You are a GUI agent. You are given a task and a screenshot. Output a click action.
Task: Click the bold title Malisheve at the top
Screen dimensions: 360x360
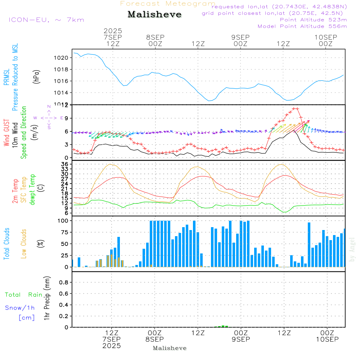[154, 15]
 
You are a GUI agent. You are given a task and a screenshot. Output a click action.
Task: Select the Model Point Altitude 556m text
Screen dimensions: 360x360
[302, 26]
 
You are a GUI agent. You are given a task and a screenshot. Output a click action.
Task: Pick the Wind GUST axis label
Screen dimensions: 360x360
[6, 133]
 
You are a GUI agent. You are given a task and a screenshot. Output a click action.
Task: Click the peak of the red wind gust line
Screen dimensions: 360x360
[295, 108]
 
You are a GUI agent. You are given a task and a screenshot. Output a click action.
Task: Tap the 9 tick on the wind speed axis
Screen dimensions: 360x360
[66, 118]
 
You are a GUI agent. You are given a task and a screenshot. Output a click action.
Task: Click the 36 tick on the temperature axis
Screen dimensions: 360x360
[65, 164]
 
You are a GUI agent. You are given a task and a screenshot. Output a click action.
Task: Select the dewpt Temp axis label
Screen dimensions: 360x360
[33, 190]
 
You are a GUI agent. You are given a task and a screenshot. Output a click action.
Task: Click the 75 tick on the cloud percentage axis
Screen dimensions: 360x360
[63, 233]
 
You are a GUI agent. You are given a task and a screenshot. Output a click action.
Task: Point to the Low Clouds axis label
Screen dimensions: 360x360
[24, 244]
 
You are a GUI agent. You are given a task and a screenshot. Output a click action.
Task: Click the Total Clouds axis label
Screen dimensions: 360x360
[6, 244]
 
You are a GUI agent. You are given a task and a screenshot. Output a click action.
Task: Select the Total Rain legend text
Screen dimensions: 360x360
[24, 295]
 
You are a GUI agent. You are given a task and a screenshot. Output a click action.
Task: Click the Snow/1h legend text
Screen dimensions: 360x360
[20, 308]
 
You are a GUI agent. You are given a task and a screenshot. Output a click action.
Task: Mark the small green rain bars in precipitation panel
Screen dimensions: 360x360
[223, 326]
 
